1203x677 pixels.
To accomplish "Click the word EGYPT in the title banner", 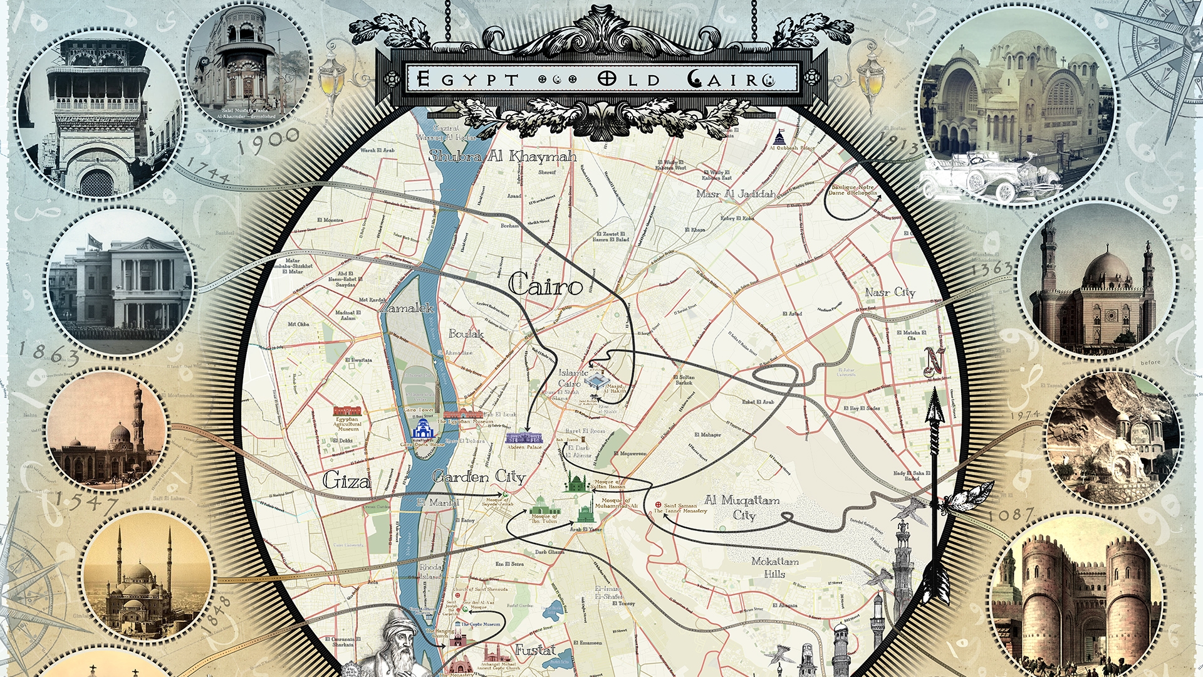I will pos(467,79).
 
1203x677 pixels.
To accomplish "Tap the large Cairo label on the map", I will pos(545,286).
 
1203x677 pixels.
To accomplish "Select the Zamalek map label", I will pos(407,308).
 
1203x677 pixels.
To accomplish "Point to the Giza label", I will pos(347,481).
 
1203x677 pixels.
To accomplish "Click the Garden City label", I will pos(479,477).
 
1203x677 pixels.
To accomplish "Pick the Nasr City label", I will pos(890,292).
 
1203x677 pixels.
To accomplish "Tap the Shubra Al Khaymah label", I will pos(503,156).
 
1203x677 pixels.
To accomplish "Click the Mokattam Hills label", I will pos(775,567).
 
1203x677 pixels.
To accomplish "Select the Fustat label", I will pos(535,650).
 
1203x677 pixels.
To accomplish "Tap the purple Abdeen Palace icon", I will pos(524,437).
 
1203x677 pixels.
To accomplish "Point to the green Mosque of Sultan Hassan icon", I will pos(578,483).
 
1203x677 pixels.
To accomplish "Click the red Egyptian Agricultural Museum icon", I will pos(346,411).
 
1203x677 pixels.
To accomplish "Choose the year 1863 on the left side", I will pos(49,354).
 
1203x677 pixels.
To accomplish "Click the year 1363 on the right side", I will pos(991,269).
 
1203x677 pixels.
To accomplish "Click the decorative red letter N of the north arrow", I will pos(935,362).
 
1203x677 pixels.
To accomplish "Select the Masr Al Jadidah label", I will pos(736,194).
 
